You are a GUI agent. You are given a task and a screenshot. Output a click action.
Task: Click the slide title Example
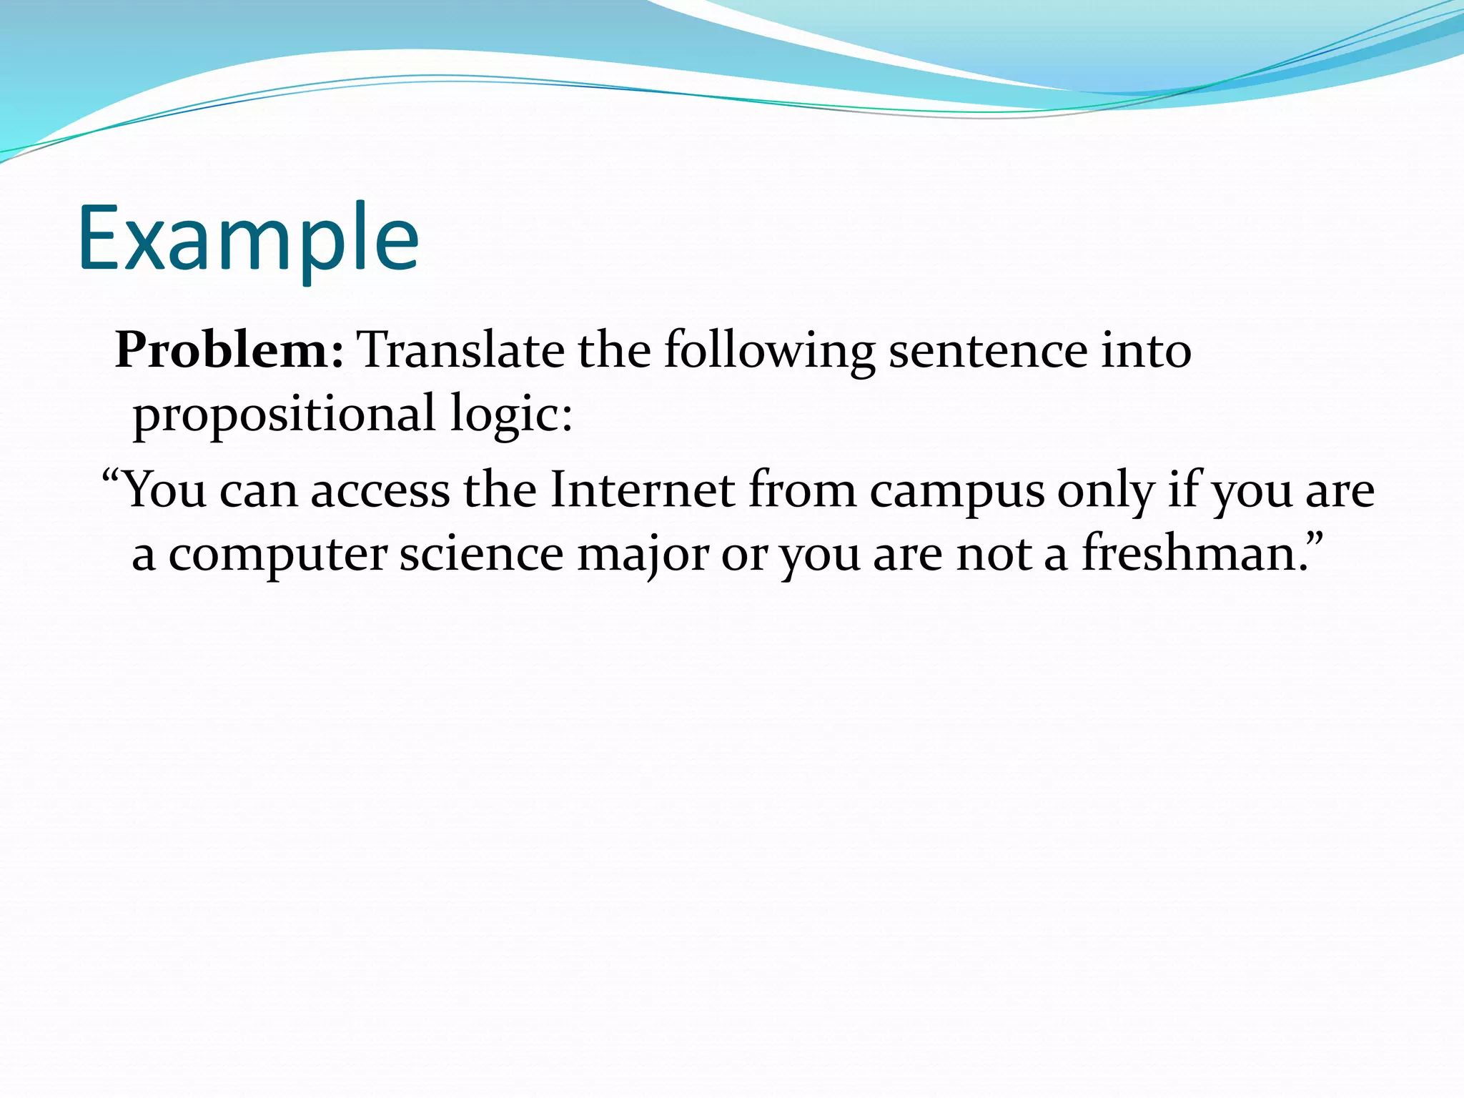(x=248, y=239)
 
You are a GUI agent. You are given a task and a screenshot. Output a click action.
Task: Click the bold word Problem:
(x=229, y=351)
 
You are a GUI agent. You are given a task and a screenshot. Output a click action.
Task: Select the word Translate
(x=460, y=351)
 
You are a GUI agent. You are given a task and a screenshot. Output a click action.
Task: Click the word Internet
(x=642, y=491)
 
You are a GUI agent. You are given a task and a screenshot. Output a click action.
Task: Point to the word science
(x=481, y=555)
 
